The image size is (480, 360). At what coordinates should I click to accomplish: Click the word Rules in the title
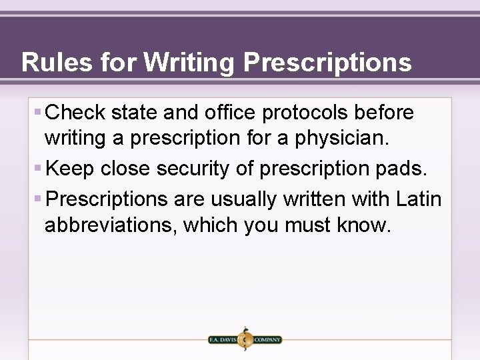(x=56, y=63)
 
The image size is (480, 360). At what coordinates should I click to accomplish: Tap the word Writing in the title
(x=189, y=63)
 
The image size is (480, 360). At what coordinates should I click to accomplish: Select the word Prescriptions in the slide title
(x=327, y=63)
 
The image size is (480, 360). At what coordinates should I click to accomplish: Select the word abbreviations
(x=110, y=225)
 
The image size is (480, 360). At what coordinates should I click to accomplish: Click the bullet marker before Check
(x=39, y=112)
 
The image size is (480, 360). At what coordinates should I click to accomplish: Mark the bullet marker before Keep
(x=39, y=168)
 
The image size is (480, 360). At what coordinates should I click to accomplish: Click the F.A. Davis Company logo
(x=245, y=339)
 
